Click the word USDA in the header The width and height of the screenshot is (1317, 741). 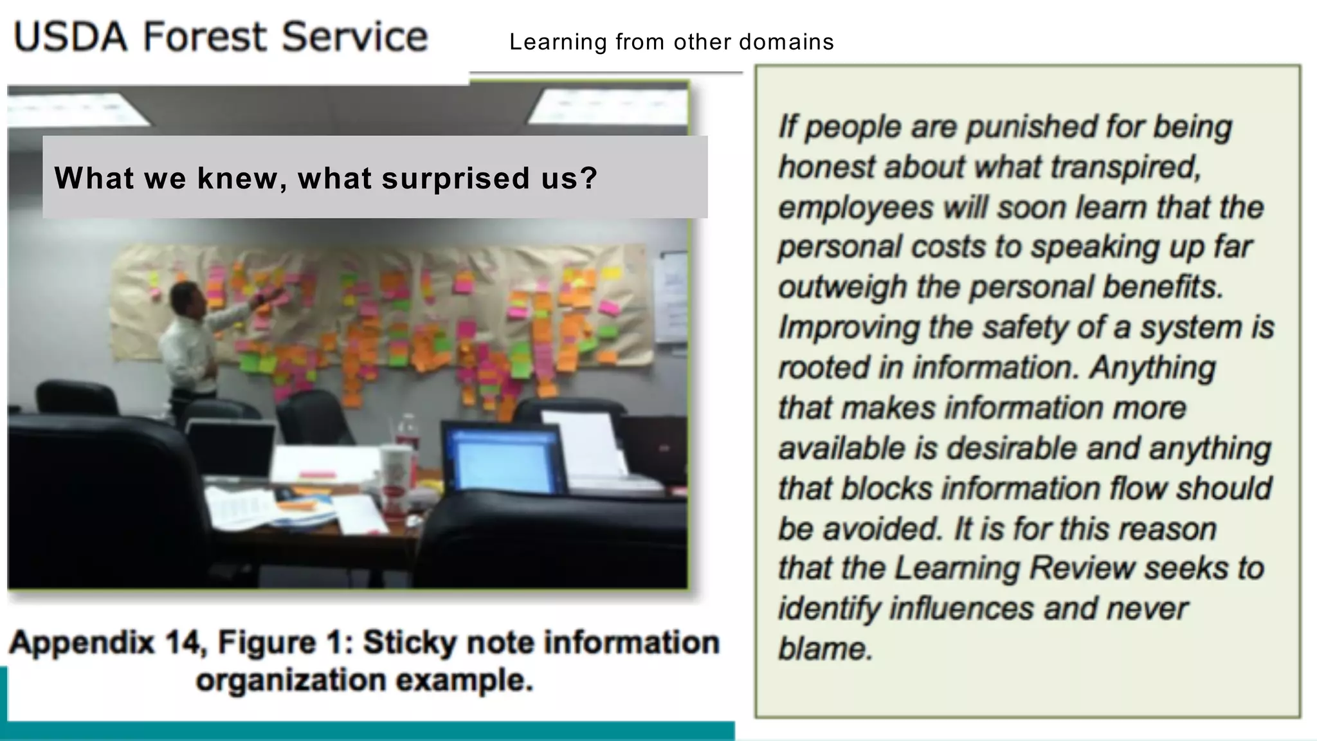pyautogui.click(x=71, y=37)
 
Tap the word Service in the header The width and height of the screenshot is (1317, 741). pyautogui.click(x=354, y=37)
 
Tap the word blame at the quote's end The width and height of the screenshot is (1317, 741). pyautogui.click(x=825, y=648)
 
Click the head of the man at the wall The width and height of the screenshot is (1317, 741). pyautogui.click(x=188, y=297)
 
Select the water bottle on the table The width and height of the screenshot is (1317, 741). pyautogui.click(x=408, y=432)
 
